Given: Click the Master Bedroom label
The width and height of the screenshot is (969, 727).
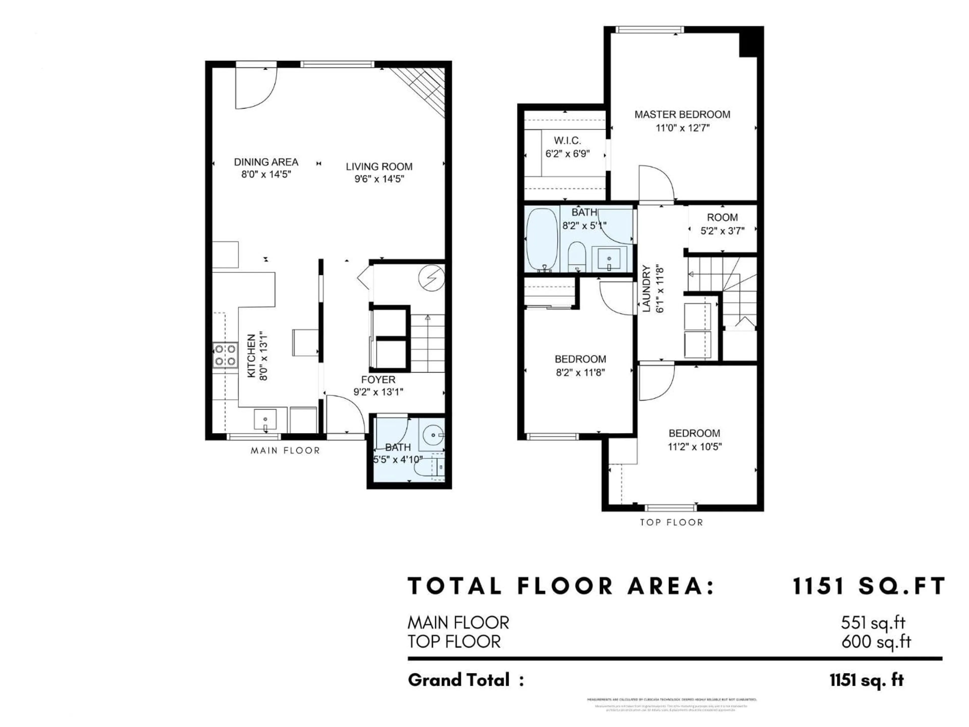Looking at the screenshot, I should (682, 114).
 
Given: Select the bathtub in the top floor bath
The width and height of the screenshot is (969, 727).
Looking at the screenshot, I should (542, 240).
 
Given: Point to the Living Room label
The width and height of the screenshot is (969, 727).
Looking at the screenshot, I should (379, 167).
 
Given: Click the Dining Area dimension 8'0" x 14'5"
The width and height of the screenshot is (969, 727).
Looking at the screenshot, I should (266, 174).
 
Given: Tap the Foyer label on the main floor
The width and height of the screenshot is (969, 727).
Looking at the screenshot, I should (378, 379).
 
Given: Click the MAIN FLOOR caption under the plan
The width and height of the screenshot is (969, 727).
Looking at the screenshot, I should (285, 451).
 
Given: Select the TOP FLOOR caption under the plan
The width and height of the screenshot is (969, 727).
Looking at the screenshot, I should (671, 522).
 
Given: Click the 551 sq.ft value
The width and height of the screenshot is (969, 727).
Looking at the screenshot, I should (873, 623).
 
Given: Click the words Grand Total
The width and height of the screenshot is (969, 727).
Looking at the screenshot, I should (459, 680).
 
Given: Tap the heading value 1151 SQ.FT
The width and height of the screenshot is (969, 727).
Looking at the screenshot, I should (869, 586).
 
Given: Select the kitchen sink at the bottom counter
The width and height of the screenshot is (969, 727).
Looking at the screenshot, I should (265, 419).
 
